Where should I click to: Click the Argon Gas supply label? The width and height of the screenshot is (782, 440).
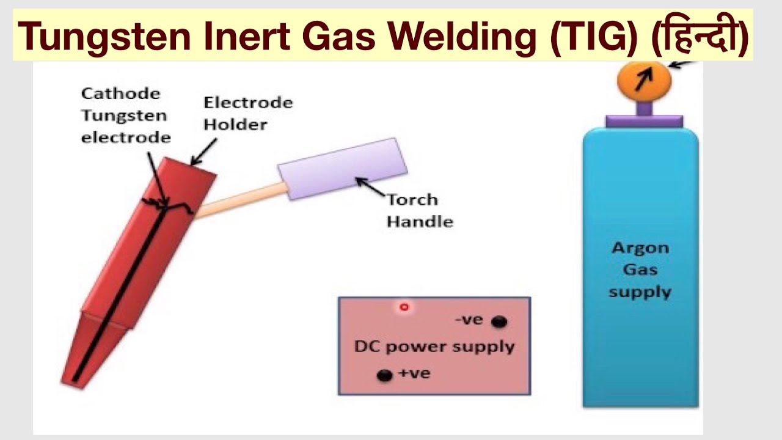tap(640, 269)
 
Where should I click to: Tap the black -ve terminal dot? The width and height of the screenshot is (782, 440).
tap(499, 321)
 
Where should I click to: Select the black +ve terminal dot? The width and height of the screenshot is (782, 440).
tap(384, 375)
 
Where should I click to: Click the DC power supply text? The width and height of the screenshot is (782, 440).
tap(434, 346)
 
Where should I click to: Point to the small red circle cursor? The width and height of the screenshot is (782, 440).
tap(404, 307)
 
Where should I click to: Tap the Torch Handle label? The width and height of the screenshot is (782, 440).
tap(419, 210)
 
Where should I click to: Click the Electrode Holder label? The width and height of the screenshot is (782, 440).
tap(247, 113)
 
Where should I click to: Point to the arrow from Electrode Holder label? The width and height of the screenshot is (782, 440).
tap(204, 152)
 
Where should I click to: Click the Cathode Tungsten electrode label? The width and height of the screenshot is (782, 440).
tap(125, 115)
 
